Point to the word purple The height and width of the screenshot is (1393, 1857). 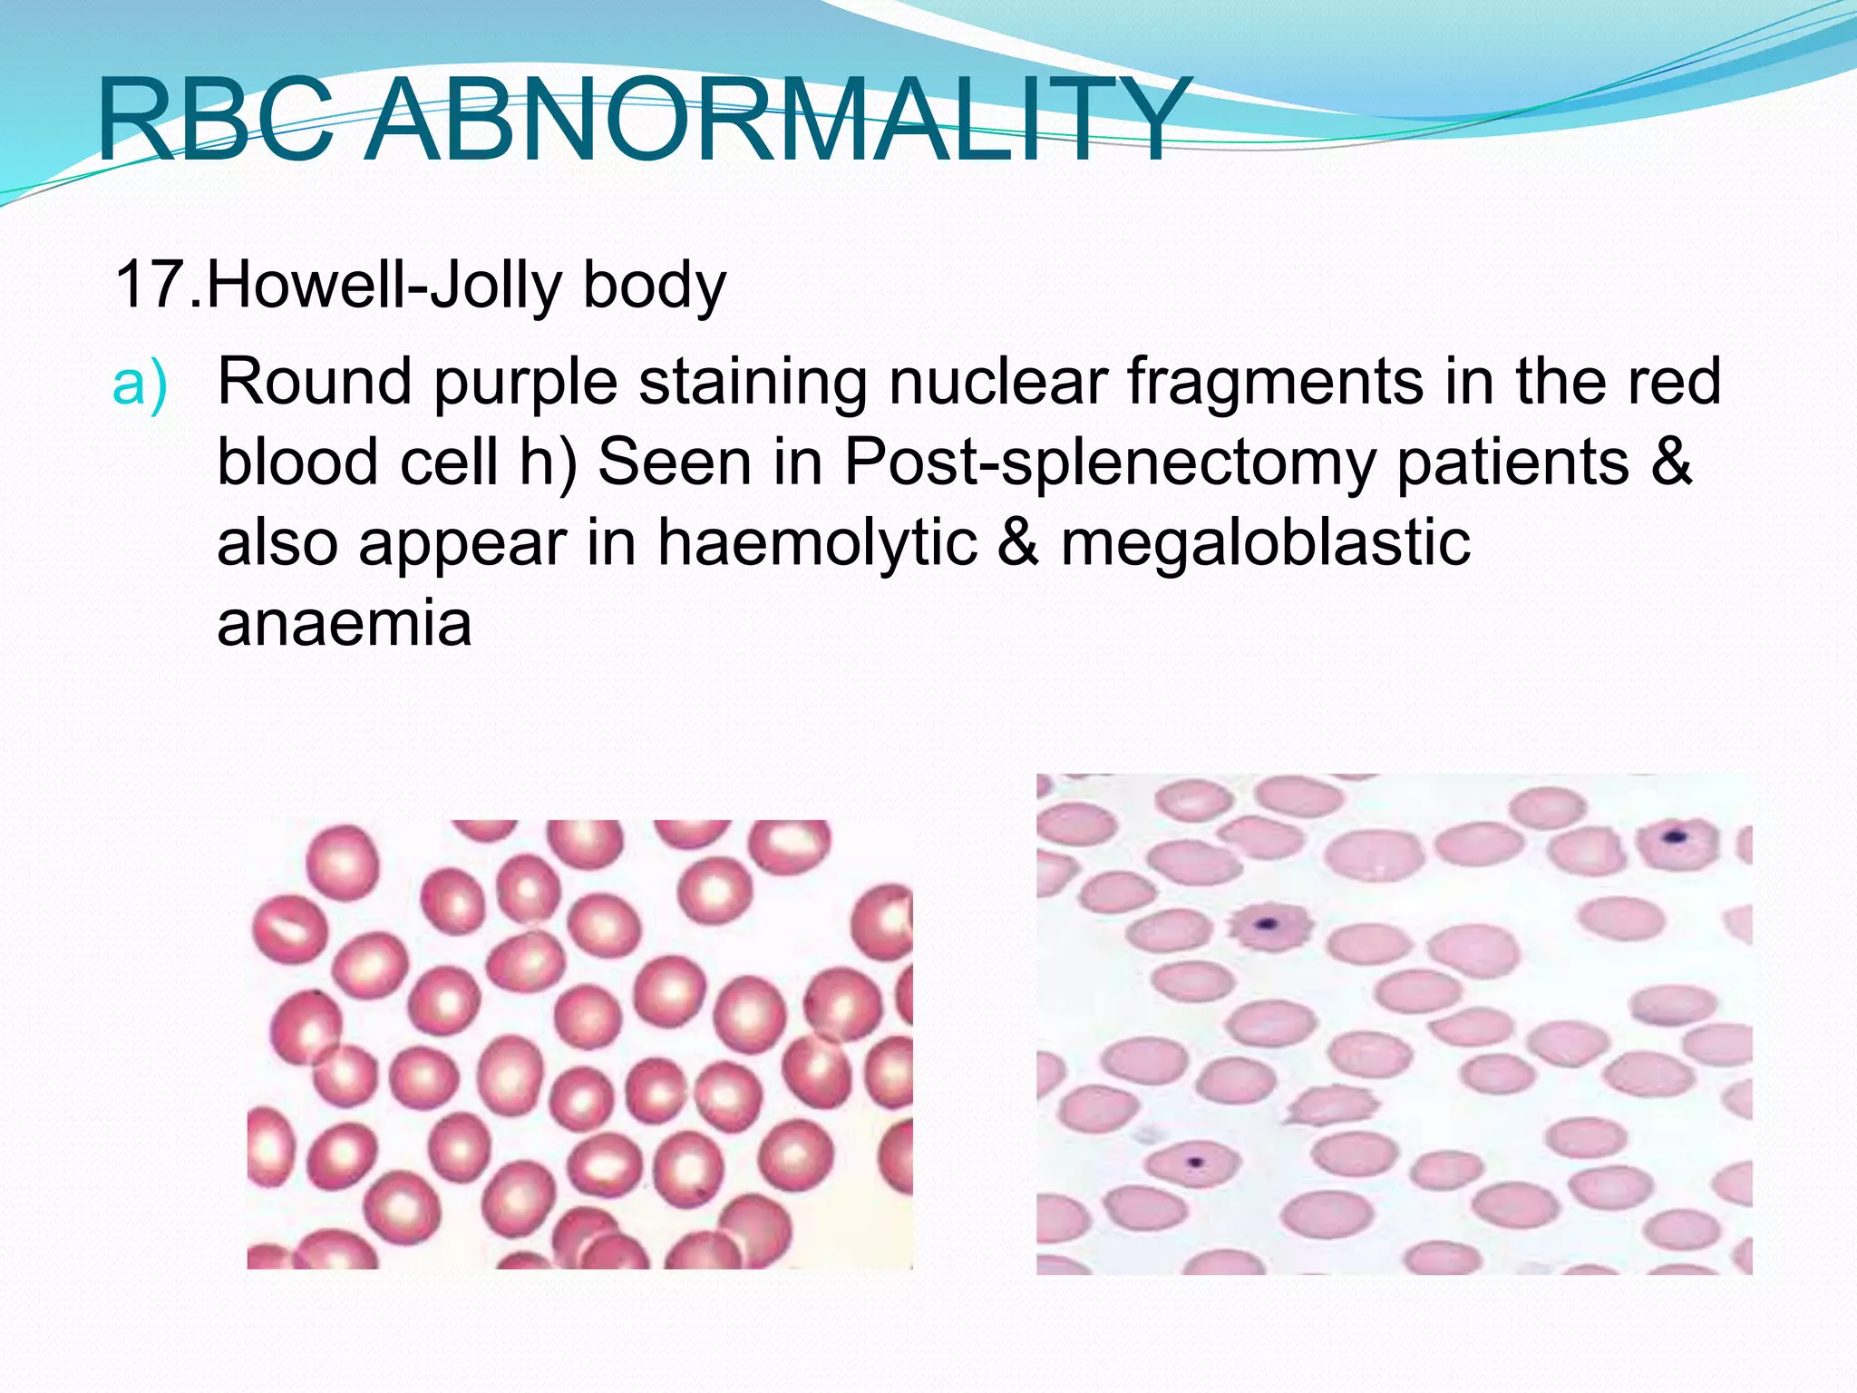(526, 382)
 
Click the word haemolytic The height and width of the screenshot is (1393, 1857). (817, 542)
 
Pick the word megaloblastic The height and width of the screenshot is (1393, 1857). (1265, 542)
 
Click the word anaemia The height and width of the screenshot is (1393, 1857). (345, 623)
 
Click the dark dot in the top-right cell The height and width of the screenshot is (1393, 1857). (1675, 836)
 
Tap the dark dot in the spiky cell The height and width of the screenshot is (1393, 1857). (1266, 925)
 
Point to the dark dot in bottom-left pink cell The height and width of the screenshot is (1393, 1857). (1195, 1161)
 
